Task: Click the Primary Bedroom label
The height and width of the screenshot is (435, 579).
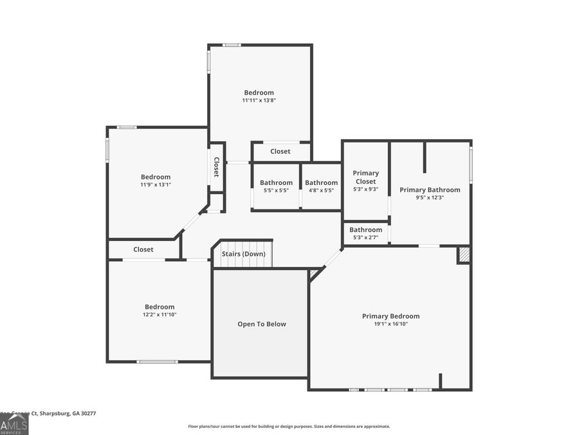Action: click(391, 316)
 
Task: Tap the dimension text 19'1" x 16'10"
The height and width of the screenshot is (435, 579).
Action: click(391, 324)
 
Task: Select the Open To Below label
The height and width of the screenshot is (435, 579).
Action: click(262, 324)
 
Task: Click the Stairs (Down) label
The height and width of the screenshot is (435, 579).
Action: click(243, 254)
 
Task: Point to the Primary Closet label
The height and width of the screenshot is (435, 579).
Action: click(365, 177)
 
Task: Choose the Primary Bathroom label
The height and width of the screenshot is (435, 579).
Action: click(430, 189)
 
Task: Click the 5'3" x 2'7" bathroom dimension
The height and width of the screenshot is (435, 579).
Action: click(365, 238)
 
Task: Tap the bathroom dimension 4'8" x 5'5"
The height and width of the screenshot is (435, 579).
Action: click(321, 191)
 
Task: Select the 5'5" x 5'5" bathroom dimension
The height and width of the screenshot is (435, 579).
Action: click(276, 191)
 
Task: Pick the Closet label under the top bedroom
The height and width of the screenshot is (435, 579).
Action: click(280, 151)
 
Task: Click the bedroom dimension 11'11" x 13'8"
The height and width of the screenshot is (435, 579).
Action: click(259, 101)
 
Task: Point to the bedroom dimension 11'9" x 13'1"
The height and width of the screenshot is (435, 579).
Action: click(156, 185)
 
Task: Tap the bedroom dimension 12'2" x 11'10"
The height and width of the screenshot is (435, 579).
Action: click(160, 314)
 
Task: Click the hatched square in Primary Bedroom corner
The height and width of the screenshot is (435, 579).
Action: click(464, 255)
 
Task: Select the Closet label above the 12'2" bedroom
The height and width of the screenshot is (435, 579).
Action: click(143, 249)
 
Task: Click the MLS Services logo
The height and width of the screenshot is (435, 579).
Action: click(14, 425)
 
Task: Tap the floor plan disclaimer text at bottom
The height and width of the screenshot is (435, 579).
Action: click(289, 426)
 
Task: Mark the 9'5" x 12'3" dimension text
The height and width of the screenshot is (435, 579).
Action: click(430, 198)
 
